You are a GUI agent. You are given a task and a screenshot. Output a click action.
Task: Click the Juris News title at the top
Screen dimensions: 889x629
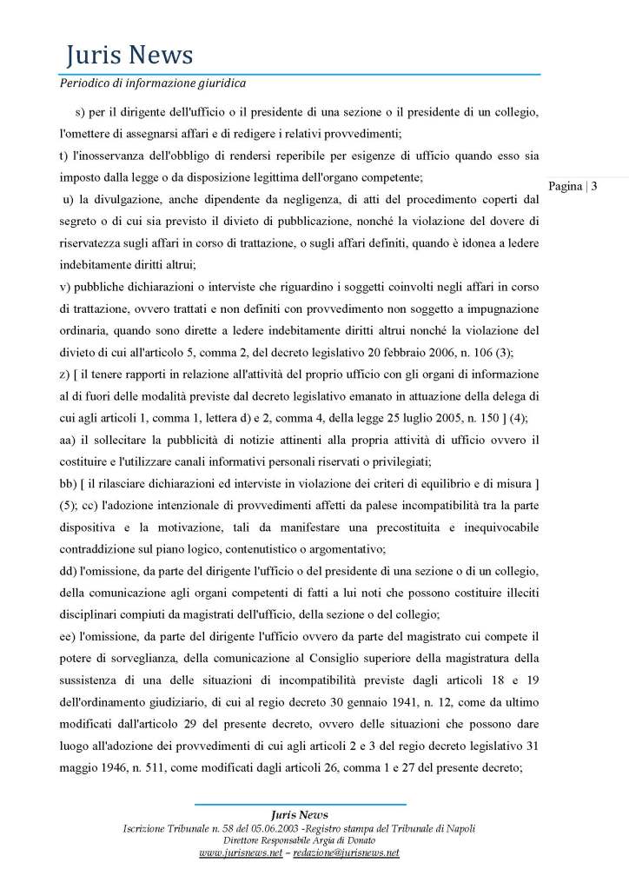(129, 56)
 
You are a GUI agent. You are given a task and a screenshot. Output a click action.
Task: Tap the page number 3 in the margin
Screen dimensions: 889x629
(594, 185)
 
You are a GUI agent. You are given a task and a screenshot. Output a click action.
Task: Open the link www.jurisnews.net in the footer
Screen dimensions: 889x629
(241, 853)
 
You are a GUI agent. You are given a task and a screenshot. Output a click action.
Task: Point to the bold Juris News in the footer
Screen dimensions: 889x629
(300, 814)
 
